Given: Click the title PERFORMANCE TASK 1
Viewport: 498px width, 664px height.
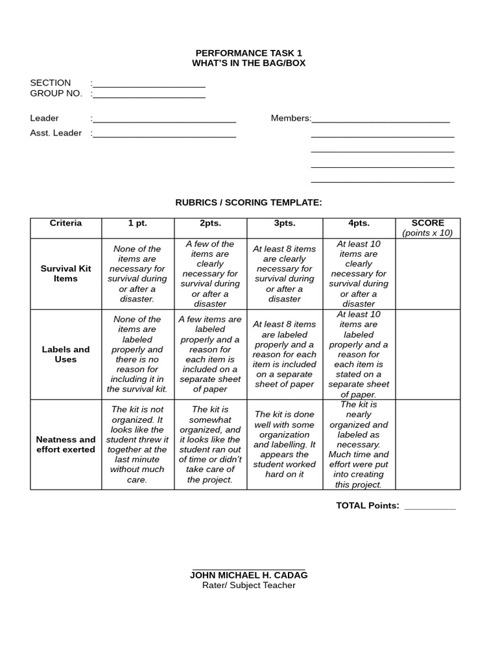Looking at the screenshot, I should (x=248, y=53).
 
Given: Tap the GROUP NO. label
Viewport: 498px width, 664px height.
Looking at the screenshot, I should (x=56, y=93).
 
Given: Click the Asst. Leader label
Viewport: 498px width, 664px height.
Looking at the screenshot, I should (x=56, y=133).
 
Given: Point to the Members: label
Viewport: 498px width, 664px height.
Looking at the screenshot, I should (x=290, y=118).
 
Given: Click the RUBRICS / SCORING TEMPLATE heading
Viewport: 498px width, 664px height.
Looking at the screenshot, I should (x=248, y=202).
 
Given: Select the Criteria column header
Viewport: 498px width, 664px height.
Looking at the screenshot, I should (x=65, y=223).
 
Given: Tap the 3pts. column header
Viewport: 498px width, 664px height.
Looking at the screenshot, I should (x=284, y=223).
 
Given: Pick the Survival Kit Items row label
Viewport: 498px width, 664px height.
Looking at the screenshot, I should (x=65, y=274).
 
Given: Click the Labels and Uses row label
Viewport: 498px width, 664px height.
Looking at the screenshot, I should (x=65, y=354).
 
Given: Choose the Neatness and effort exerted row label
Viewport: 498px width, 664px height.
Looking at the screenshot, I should (x=65, y=444).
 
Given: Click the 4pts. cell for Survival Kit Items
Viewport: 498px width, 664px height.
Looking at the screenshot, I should (x=359, y=274).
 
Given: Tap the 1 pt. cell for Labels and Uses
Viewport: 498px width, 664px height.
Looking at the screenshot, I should (x=137, y=354).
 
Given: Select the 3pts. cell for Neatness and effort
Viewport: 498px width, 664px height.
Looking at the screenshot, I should (x=284, y=444).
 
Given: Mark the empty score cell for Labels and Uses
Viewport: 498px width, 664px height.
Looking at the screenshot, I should (x=427, y=354).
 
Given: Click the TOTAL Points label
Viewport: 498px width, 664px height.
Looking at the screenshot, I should (x=367, y=506).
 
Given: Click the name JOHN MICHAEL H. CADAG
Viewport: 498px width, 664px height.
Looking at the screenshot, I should (x=248, y=575).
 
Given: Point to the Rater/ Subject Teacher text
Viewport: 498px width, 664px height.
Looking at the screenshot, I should (x=248, y=586).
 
